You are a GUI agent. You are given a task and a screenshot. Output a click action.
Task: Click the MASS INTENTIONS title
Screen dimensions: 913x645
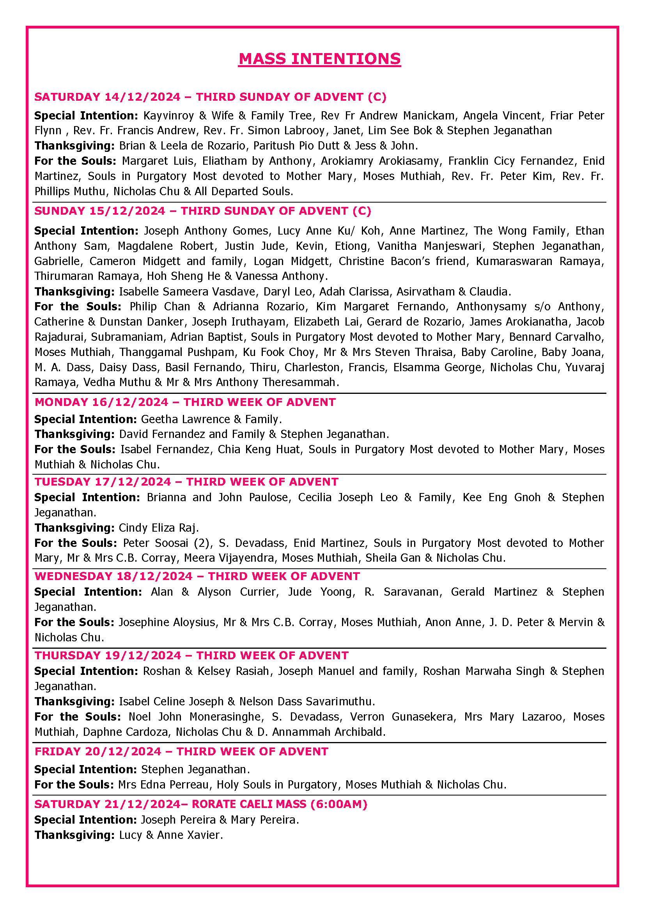(319, 59)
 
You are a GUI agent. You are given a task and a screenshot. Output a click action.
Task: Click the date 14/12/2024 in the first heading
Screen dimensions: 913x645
(143, 97)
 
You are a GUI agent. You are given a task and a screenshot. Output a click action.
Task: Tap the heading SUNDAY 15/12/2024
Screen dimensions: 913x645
(100, 211)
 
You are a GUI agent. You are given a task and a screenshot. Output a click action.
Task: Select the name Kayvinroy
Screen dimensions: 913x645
(168, 116)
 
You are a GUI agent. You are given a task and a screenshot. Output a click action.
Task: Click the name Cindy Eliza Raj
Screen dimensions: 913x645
(157, 528)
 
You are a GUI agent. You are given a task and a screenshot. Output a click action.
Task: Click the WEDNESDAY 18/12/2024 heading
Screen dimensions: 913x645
(113, 576)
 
